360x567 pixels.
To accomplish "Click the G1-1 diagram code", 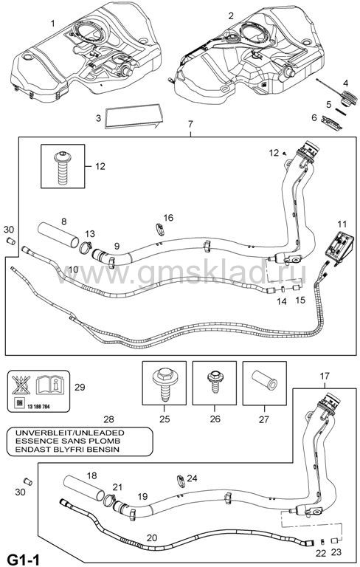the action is point(23,559).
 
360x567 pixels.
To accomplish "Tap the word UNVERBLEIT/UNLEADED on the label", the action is point(69,433).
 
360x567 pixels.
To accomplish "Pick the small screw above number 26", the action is point(215,382).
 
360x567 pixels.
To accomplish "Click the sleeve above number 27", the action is point(265,379).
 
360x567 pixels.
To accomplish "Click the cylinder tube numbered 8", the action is point(58,236).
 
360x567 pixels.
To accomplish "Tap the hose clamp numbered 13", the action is point(86,247).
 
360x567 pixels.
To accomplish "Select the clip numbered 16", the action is point(159,229).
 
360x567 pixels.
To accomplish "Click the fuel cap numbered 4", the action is point(347,99).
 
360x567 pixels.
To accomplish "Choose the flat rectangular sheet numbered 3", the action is point(134,115).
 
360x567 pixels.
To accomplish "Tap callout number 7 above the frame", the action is point(190,124).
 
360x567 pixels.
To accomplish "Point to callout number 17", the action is point(324,376).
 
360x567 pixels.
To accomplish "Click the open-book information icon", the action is point(49,385).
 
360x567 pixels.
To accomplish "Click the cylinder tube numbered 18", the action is point(84,489).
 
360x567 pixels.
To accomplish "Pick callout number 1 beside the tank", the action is point(53,24).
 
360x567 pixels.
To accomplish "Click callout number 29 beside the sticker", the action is point(80,387).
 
